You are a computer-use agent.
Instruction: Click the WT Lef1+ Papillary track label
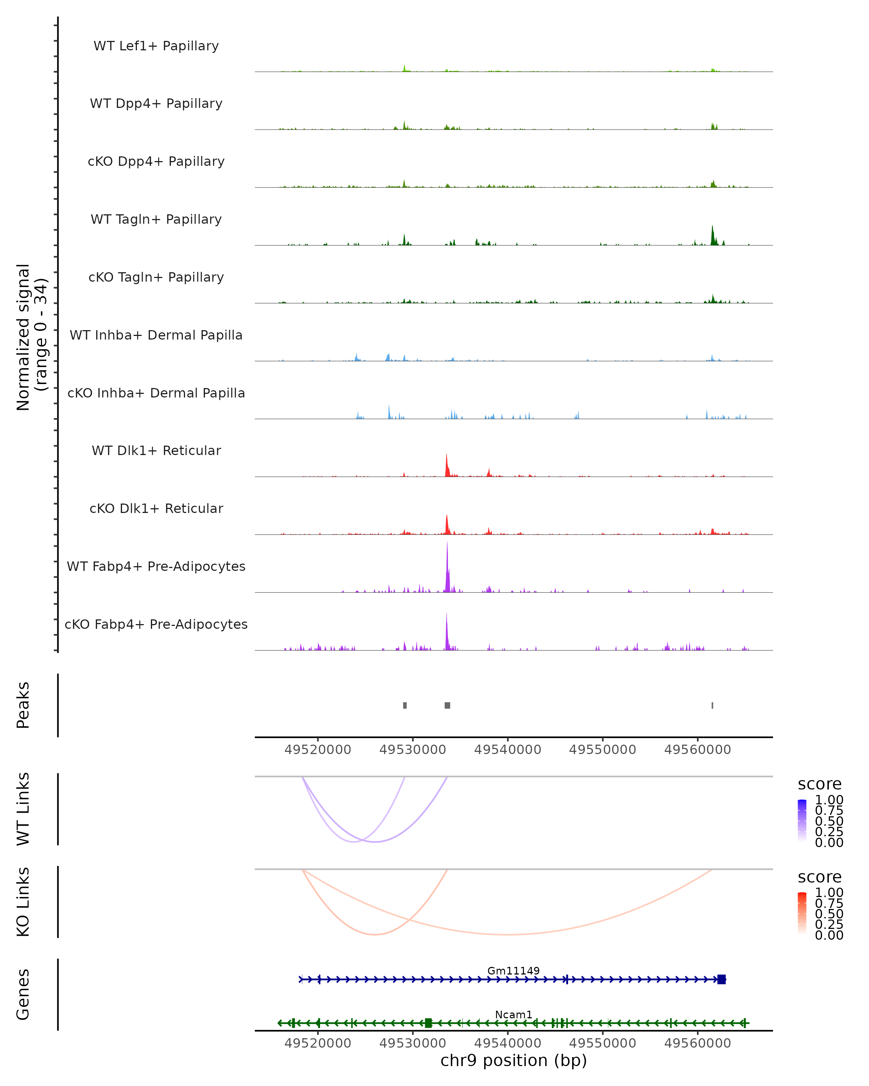tap(156, 46)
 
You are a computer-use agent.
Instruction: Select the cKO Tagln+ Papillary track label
tap(156, 277)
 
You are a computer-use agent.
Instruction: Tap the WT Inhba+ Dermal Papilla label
tap(156, 335)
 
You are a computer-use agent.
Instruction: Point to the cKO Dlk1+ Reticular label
tap(156, 508)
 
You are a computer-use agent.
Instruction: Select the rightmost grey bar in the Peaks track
tap(712, 705)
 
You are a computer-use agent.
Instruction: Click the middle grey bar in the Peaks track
tap(447, 705)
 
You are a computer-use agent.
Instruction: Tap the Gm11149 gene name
tap(513, 971)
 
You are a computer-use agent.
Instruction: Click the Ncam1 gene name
tap(513, 1014)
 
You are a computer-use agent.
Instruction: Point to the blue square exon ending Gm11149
tap(721, 979)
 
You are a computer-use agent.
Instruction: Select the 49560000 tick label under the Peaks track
tap(697, 750)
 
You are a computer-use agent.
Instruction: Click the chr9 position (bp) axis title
tap(513, 1060)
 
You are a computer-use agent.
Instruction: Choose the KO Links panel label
tap(23, 902)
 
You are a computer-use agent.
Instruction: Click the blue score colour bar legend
tap(802, 821)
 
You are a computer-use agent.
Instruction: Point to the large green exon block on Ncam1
tap(428, 1023)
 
